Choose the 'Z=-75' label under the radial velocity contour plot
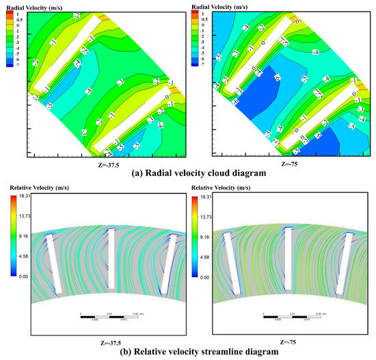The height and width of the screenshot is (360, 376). [x=286, y=164]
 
